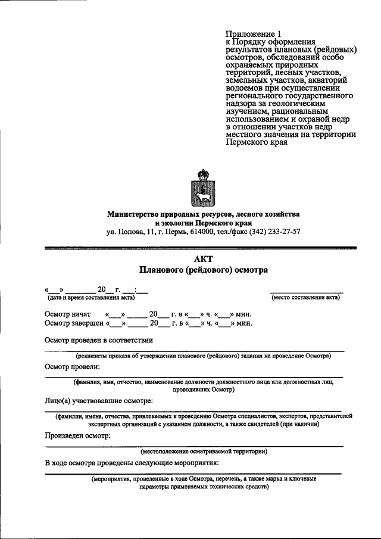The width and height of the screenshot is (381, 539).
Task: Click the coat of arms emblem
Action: (x=203, y=187)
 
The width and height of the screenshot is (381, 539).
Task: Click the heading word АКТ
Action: (x=203, y=258)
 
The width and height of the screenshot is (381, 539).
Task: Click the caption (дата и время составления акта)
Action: (x=87, y=297)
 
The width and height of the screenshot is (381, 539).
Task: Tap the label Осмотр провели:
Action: (x=72, y=367)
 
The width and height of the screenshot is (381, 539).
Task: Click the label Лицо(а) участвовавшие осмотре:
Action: (x=99, y=400)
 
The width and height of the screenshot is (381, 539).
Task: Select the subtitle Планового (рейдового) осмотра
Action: (x=203, y=270)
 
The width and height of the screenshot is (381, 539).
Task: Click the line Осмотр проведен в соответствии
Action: (x=99, y=340)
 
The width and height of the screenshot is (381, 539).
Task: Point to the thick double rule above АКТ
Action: (x=203, y=247)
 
